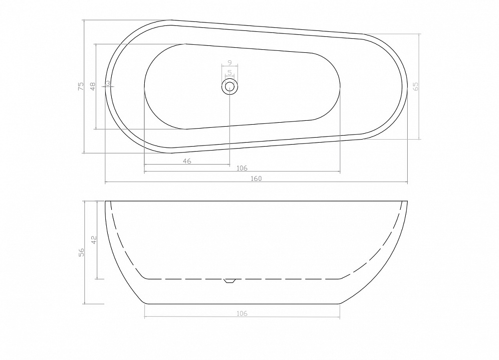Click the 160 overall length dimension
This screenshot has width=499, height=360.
tap(256, 179)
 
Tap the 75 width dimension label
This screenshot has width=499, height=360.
tap(81, 86)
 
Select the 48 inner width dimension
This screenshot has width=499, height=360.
tap(93, 86)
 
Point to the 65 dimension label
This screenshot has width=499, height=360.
tap(416, 86)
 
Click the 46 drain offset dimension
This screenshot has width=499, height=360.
tap(187, 161)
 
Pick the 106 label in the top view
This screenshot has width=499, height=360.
tap(242, 168)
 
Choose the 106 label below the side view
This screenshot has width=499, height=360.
tap(242, 314)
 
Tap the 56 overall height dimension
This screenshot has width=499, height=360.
tap(81, 252)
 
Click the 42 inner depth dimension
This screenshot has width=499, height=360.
tap(93, 240)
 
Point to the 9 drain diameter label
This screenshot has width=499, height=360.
tap(230, 62)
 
